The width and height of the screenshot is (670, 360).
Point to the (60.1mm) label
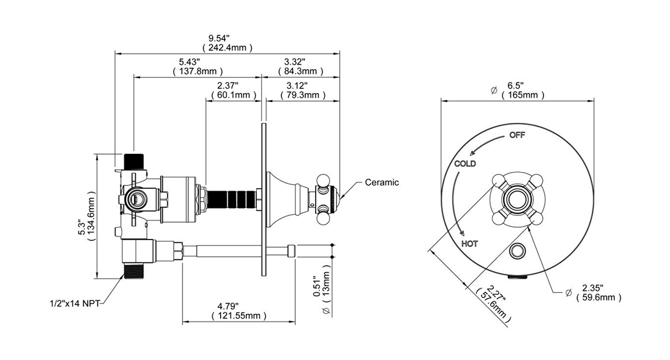234,95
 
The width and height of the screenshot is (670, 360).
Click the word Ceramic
382,182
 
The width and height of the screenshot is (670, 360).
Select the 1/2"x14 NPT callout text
74,304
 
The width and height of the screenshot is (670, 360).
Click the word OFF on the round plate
517,135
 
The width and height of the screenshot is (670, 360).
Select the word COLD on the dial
465,164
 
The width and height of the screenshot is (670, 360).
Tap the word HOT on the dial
470,243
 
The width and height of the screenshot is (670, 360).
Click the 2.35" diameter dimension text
593,287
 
